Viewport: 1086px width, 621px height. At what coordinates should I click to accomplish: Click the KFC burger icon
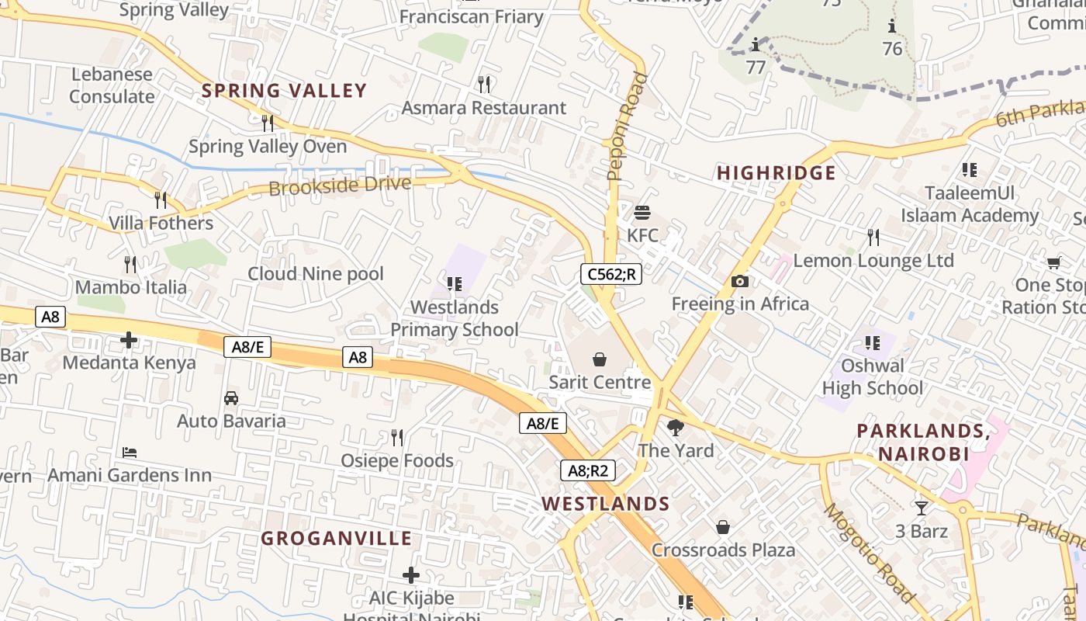coord(642,212)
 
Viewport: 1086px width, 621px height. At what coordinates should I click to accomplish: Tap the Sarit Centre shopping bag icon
coord(599,359)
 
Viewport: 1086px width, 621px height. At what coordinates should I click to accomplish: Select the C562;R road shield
coord(611,273)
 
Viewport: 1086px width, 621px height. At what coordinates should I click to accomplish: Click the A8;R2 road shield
coord(588,470)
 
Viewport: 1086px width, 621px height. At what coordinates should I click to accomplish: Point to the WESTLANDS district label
coord(606,504)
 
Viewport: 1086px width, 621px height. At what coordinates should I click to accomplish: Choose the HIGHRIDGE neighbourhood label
coord(776,173)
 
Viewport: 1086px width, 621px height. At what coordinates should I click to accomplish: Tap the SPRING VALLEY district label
coord(284,91)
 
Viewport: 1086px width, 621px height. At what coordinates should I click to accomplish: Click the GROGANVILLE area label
coord(336,539)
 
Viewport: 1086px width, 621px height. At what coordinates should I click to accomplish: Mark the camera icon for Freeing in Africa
coord(739,282)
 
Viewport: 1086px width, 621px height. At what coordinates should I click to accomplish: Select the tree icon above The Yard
coord(676,427)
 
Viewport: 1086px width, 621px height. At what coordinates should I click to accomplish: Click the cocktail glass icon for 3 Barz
coord(921,508)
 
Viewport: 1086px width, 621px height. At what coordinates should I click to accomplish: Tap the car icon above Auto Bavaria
coord(231,398)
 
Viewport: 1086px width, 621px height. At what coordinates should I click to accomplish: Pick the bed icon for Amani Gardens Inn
coord(130,452)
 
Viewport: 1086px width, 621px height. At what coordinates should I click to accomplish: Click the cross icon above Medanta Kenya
coord(129,340)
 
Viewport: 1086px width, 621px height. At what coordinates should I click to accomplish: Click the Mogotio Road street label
coord(870,553)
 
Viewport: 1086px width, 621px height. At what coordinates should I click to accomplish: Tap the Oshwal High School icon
coord(873,342)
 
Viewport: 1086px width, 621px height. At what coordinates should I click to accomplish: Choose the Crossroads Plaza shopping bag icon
coord(723,527)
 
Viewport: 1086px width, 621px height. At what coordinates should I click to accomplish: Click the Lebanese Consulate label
coord(112,85)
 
